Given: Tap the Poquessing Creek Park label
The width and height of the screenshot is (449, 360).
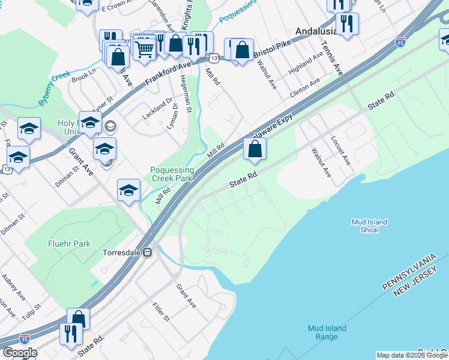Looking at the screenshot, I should point(171,175).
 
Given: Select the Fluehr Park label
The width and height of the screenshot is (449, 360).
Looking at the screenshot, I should point(68,244).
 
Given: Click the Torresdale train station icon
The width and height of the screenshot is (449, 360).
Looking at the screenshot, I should point(147,253).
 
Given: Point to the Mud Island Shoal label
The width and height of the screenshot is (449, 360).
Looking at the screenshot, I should point(369,226).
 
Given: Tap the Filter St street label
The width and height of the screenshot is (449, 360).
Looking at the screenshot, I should point(160,311).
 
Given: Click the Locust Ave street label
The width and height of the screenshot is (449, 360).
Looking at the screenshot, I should point(341,151).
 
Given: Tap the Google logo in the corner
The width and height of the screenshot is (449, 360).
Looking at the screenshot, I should point(20,353).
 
